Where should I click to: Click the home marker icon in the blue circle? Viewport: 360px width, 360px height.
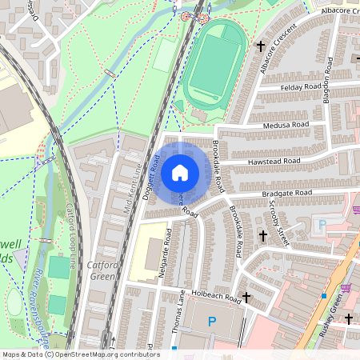[x=180, y=171]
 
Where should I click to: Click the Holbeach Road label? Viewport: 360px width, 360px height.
[x=215, y=294]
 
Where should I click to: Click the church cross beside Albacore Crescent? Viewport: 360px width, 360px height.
[x=262, y=47]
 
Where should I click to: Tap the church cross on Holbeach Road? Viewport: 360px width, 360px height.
[x=246, y=297]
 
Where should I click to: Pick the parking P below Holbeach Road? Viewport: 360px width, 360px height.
[x=212, y=322]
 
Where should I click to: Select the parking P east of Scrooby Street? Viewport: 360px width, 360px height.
[x=323, y=226]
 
